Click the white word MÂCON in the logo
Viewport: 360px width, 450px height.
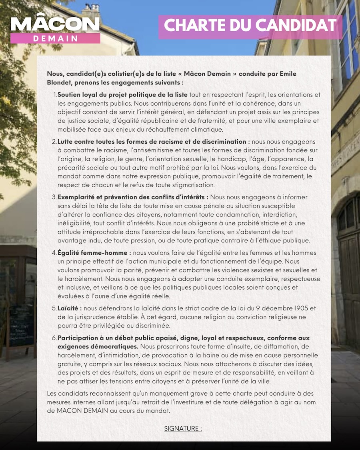click(55, 24)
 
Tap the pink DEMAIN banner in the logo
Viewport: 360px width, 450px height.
click(55, 38)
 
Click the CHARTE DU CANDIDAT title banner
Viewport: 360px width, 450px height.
click(250, 25)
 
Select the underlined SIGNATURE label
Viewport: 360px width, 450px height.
click(183, 428)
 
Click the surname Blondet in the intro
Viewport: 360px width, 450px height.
click(61, 83)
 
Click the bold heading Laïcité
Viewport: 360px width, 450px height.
click(70, 308)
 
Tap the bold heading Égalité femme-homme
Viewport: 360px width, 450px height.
click(94, 253)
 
